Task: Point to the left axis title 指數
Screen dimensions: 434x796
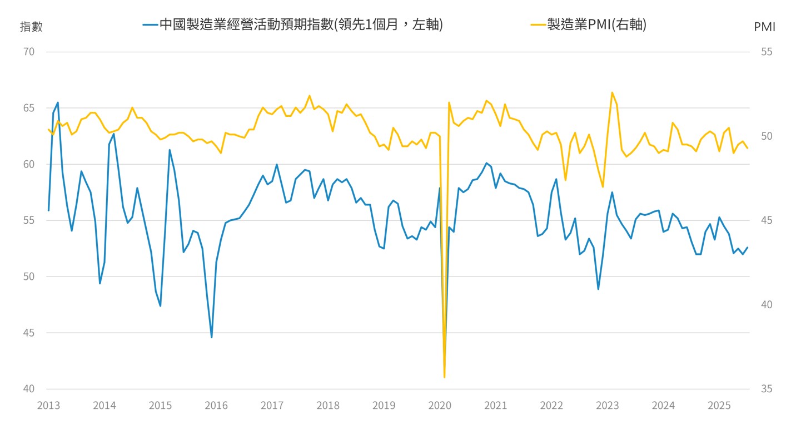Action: [31, 26]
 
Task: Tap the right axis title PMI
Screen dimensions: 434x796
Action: [764, 26]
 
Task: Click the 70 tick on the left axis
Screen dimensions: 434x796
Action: [29, 52]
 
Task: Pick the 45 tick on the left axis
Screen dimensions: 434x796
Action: [29, 333]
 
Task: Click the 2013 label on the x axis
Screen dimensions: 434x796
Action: [48, 406]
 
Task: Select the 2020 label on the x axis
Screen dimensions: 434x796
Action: [440, 406]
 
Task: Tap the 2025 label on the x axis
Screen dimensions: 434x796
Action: [719, 406]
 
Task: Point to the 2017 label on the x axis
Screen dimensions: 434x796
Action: [272, 406]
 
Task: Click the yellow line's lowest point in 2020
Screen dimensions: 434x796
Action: [444, 377]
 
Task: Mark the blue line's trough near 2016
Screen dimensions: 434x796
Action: [211, 337]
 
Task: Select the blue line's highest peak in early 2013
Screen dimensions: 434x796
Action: [58, 102]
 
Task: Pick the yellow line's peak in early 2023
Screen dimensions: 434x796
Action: [612, 92]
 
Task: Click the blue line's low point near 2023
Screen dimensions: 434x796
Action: [598, 289]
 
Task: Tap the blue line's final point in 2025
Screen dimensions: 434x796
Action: [748, 248]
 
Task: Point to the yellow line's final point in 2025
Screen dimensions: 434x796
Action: [748, 148]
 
